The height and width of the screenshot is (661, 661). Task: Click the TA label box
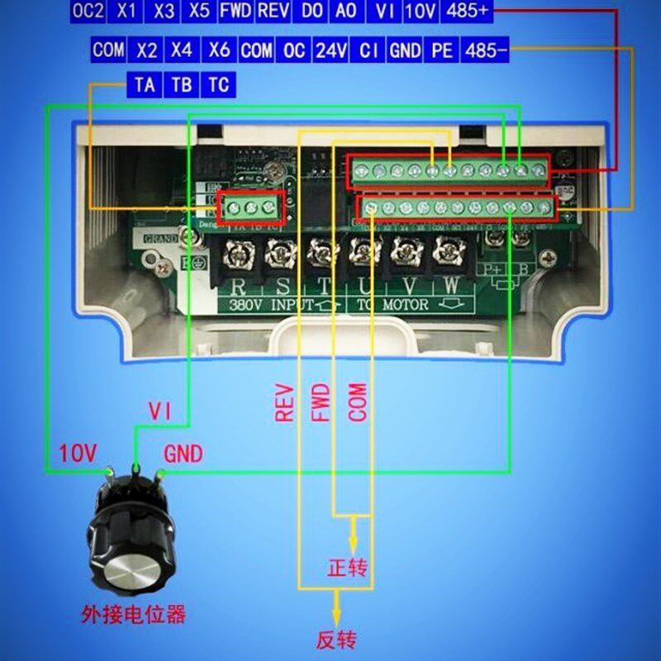(x=145, y=85)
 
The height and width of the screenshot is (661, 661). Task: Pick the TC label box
(x=217, y=85)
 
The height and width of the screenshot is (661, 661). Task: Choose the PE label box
(x=442, y=50)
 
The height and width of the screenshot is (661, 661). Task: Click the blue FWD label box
(x=235, y=11)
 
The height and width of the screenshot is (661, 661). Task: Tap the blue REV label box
(x=273, y=11)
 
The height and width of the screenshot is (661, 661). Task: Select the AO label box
(x=347, y=11)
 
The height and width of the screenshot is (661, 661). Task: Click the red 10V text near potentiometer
(x=78, y=453)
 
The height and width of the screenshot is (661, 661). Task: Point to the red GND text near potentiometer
(x=183, y=454)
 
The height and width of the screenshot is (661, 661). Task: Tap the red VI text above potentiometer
(x=159, y=410)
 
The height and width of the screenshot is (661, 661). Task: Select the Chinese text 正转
(x=347, y=568)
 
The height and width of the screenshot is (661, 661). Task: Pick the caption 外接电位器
(x=133, y=615)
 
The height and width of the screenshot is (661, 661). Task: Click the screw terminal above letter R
(x=234, y=252)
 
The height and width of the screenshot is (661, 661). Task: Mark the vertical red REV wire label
(x=285, y=402)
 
